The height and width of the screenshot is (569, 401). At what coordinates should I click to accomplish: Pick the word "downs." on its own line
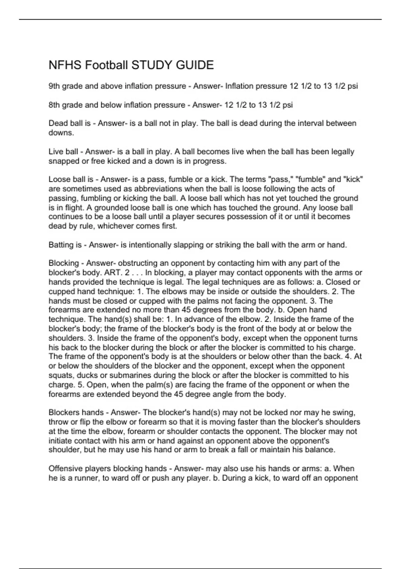pos(61,133)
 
